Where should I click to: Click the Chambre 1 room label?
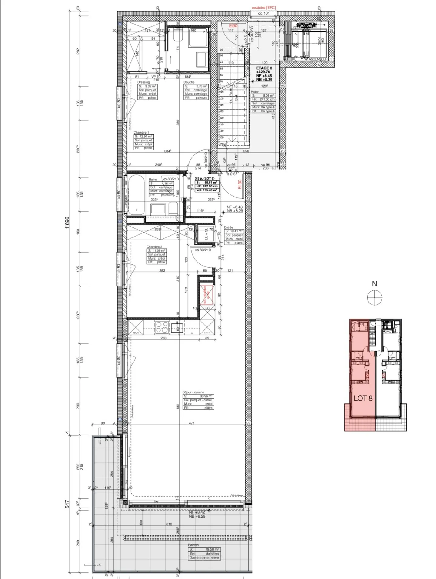(141, 132)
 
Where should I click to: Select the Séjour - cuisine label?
(193, 392)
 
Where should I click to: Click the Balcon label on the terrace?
(193, 545)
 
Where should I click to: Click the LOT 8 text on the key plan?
(363, 398)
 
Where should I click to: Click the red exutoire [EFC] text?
(264, 8)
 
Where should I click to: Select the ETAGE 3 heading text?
(264, 68)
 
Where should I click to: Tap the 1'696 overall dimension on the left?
(67, 222)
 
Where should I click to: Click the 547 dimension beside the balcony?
(67, 504)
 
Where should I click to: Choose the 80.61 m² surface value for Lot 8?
(210, 183)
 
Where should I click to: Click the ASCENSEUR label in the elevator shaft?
(318, 59)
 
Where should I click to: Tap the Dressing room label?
(144, 82)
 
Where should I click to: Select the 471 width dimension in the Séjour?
(191, 423)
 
